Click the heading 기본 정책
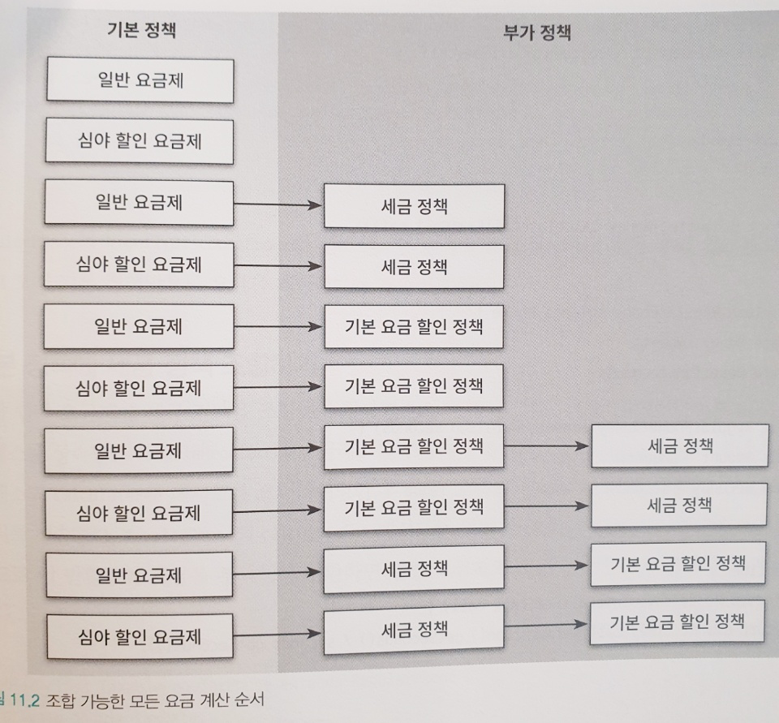click(x=141, y=31)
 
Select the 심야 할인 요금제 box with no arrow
click(x=139, y=141)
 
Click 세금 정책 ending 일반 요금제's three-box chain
click(x=679, y=445)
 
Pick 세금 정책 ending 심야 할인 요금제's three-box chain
click(x=679, y=505)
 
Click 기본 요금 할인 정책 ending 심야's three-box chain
click(x=678, y=622)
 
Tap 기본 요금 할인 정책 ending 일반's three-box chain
click(x=678, y=564)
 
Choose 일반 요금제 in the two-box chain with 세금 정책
click(x=139, y=202)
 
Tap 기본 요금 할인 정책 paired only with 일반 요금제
click(x=414, y=326)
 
